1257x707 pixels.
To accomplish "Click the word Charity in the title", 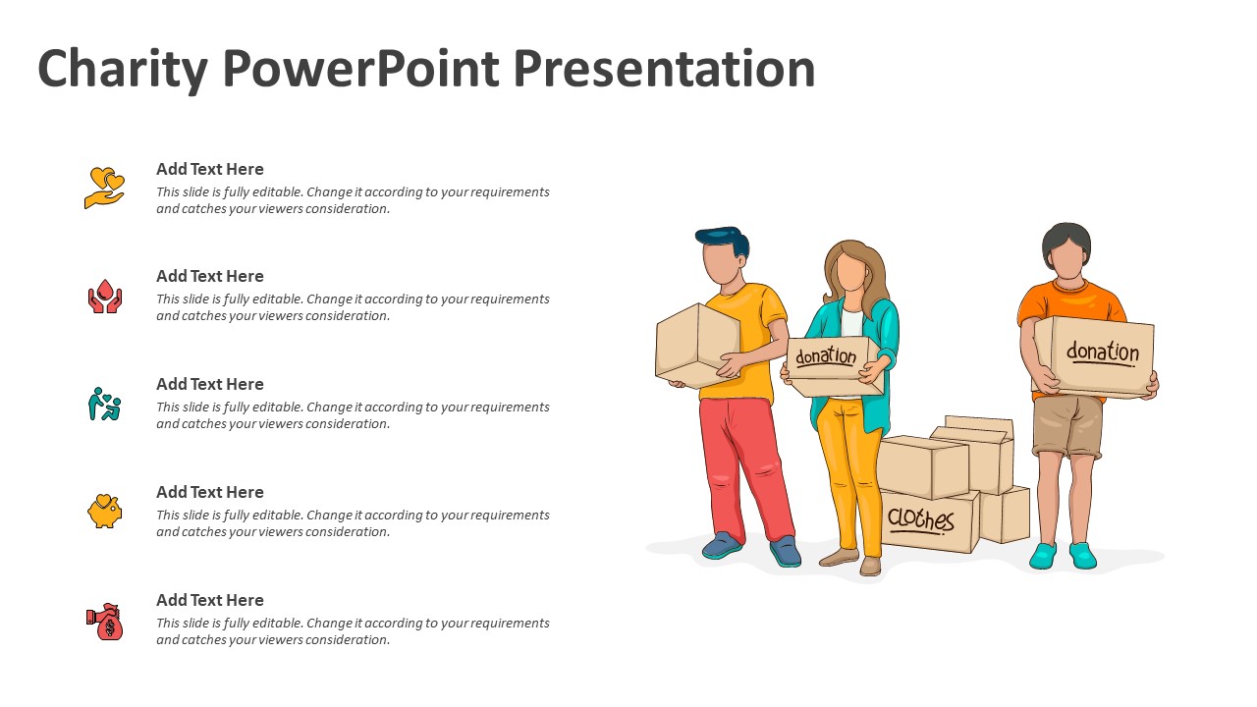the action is click(123, 70).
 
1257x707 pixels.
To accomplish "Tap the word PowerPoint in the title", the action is click(360, 69).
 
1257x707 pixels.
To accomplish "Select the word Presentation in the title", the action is click(664, 69).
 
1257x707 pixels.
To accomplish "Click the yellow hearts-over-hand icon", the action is click(104, 188).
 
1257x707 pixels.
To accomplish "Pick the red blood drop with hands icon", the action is click(105, 297).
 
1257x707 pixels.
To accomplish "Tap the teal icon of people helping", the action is click(105, 404).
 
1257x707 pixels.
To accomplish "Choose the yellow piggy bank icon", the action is click(105, 512).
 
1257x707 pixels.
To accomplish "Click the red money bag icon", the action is click(105, 622).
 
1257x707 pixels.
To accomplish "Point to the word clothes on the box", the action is click(920, 519).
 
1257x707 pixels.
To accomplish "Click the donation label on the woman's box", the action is click(826, 355).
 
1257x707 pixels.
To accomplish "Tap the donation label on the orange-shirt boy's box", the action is click(1103, 353).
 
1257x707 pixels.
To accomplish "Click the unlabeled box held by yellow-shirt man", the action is click(697, 345).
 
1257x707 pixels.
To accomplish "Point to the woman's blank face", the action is click(851, 271).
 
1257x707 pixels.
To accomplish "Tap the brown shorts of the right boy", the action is click(1067, 426).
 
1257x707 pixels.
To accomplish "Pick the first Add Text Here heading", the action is click(210, 169).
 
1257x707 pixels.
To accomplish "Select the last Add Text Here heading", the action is click(210, 600).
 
